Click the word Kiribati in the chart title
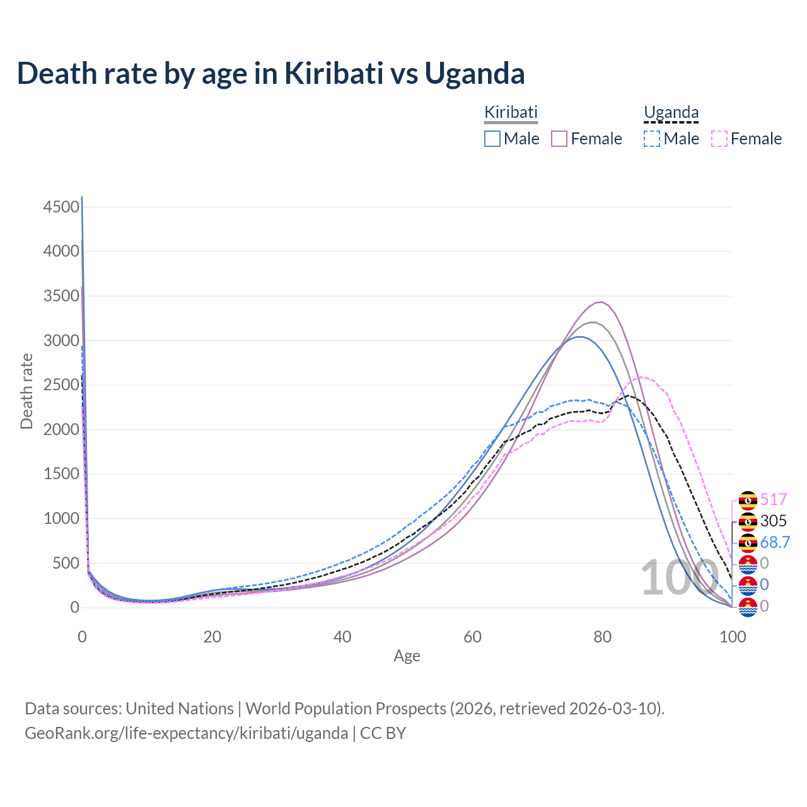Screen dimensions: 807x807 pos(334,73)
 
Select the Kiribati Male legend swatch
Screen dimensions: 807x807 pos(492,139)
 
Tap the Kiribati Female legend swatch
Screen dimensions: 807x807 pos(560,139)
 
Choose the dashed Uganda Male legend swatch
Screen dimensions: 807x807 pos(652,139)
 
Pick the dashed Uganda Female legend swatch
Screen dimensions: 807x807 pos(719,139)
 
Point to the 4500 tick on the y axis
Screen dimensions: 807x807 pos(61,207)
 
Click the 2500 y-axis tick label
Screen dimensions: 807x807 pos(61,385)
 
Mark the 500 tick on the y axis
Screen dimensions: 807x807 pos(66,563)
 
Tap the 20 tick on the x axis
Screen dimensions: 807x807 pos(212,637)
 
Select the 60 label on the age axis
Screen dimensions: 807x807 pos(472,637)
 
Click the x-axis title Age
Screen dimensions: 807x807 pos(407,656)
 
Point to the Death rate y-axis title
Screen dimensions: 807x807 pos(26,392)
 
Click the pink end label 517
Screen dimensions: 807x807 pos(774,500)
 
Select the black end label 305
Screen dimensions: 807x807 pos(774,521)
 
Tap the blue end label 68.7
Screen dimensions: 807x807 pos(775,542)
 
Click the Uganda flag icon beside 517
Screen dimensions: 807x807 pos(748,501)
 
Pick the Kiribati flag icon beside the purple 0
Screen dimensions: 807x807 pos(748,607)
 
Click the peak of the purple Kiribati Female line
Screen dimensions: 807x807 pos(601,303)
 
